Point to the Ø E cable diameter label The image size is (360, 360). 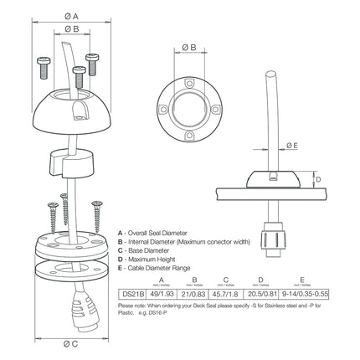292,145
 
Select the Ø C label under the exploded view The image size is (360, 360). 71,345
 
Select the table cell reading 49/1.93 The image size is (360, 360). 162,292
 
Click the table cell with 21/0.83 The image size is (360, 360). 194,292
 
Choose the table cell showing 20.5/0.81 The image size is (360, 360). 263,292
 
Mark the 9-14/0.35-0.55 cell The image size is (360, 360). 302,292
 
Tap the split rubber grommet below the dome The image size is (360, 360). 73,158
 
